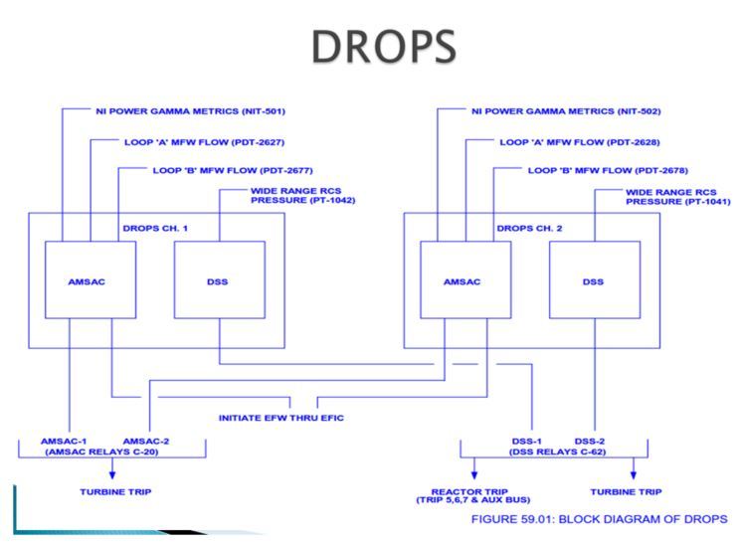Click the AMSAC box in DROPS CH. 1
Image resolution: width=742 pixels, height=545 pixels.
point(88,281)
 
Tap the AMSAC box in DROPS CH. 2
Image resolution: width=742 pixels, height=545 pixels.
point(463,281)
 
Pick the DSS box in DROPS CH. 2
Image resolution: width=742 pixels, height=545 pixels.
point(592,281)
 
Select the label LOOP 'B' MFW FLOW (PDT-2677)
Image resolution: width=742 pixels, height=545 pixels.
point(220,170)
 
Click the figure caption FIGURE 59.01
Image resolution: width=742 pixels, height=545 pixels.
point(602,517)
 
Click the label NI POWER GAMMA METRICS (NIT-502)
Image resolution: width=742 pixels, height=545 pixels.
point(567,109)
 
